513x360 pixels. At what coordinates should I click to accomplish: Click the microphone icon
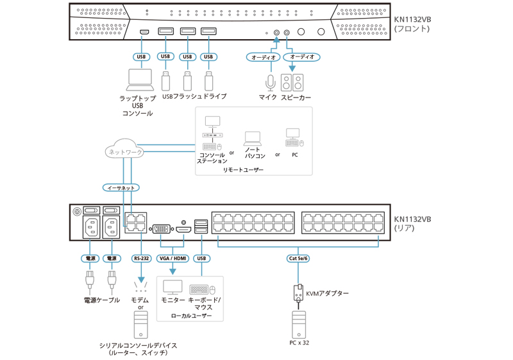tap(270, 83)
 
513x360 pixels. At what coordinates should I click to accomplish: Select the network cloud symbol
tap(125, 151)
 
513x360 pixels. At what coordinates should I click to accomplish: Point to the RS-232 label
tap(141, 258)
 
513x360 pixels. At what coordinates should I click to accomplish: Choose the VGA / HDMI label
tap(172, 258)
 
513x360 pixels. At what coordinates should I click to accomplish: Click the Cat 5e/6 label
tap(298, 258)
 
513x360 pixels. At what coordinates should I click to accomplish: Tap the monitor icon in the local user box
tap(173, 287)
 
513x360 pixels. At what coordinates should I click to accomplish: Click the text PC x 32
tap(298, 343)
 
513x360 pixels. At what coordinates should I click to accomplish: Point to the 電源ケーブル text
tap(101, 300)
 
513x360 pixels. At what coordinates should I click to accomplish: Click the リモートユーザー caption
tap(243, 169)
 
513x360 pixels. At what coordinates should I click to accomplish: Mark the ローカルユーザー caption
tap(190, 316)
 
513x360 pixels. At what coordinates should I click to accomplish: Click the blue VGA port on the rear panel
tap(162, 228)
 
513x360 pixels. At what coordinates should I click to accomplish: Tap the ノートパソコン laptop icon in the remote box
tap(253, 138)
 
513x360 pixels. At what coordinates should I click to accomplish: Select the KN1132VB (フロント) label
tap(412, 24)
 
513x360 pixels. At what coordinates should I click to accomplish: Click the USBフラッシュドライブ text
tap(194, 96)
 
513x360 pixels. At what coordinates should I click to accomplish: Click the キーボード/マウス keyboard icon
tap(203, 289)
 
